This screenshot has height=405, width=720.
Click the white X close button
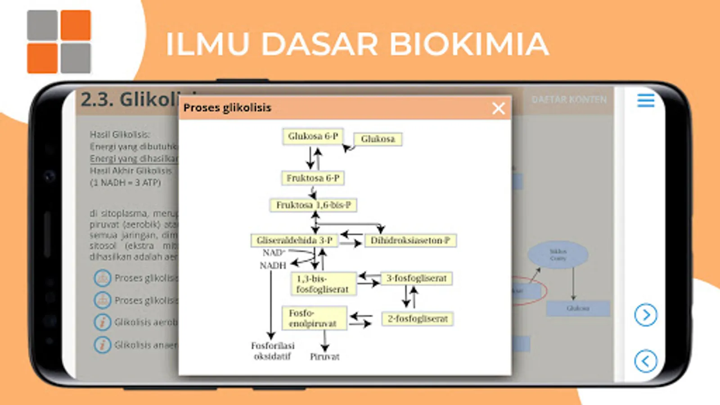tap(498, 108)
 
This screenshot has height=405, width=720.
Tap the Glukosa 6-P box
tap(313, 136)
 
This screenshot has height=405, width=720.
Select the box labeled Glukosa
tap(378, 139)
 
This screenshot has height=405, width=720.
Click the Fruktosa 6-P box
tap(313, 178)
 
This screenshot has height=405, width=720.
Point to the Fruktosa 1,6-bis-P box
tap(313, 205)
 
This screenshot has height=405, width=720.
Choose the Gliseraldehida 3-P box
tap(294, 240)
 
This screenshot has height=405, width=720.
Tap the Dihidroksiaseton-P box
tap(410, 240)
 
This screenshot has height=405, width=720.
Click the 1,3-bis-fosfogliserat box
tap(323, 284)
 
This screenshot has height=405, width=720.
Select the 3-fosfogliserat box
tap(416, 279)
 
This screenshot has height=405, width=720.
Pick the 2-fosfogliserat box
tap(417, 319)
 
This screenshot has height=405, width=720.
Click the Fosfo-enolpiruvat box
tap(314, 318)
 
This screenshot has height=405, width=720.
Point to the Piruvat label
tap(324, 357)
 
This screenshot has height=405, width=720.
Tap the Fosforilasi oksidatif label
tap(272, 351)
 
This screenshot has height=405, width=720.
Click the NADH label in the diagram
tap(273, 265)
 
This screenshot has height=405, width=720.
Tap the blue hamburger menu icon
tap(646, 100)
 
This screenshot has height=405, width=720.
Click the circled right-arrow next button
tap(646, 315)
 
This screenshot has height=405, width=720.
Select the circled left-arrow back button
tap(646, 361)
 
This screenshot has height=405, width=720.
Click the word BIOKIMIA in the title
tap(468, 44)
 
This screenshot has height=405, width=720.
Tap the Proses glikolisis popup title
tap(227, 108)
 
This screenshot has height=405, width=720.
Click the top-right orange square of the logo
tap(76, 25)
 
